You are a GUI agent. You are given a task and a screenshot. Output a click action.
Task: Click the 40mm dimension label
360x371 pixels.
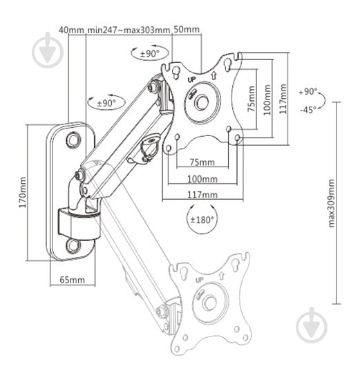(x=71, y=30)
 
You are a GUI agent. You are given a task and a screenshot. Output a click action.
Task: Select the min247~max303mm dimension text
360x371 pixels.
(x=129, y=30)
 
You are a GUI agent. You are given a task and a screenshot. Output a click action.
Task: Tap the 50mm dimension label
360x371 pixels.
(x=187, y=29)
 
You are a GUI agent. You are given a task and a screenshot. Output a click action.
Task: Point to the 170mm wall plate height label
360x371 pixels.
(x=23, y=192)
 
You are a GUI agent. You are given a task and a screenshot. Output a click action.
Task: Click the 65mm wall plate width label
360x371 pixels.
(x=72, y=280)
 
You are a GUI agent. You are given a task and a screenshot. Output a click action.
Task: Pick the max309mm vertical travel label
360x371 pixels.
(x=332, y=203)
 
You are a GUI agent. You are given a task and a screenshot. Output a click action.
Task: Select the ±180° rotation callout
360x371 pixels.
(x=202, y=220)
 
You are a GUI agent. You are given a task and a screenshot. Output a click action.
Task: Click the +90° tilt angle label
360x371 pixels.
(x=307, y=92)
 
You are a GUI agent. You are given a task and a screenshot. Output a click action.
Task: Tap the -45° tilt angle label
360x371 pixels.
(x=308, y=110)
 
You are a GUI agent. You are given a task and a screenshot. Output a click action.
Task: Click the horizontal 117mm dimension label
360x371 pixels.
(x=202, y=195)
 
